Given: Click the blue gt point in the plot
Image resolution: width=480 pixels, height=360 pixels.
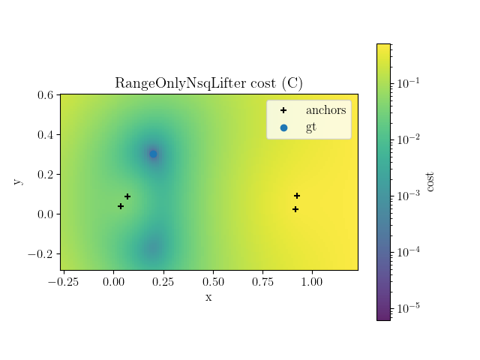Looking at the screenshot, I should [x=153, y=154].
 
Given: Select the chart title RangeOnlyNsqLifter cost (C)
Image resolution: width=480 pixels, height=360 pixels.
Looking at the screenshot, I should [x=208, y=83].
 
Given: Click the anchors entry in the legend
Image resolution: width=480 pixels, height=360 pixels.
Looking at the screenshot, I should [x=325, y=110].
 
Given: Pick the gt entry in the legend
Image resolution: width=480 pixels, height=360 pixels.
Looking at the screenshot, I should [x=310, y=127].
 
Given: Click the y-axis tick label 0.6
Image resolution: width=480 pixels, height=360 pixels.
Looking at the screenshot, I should [x=44, y=95].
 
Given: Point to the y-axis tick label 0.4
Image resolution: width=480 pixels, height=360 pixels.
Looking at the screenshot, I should [x=44, y=135].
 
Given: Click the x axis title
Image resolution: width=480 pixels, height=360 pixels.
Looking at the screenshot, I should [x=208, y=297].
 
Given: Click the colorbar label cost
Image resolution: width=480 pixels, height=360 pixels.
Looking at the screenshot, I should [x=430, y=181].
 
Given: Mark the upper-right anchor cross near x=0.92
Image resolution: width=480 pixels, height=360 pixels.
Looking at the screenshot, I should [x=297, y=196].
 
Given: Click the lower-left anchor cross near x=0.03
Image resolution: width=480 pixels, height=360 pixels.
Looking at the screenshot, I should [x=121, y=206].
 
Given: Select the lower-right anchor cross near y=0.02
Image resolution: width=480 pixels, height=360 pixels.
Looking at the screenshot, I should [x=295, y=209].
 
